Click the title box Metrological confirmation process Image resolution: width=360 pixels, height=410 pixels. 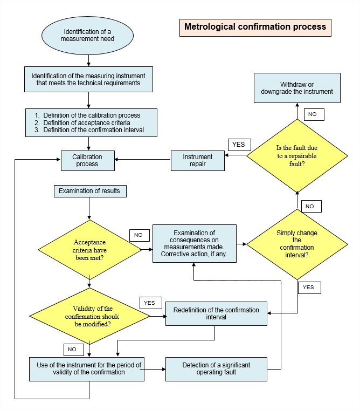(x=255, y=26)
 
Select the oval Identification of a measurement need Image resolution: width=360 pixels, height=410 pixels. (x=88, y=34)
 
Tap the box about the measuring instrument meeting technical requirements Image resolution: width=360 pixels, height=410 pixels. (x=89, y=79)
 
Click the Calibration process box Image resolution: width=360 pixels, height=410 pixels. (x=87, y=160)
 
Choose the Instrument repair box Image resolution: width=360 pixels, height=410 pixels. (x=198, y=160)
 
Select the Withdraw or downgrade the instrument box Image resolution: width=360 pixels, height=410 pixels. (x=299, y=88)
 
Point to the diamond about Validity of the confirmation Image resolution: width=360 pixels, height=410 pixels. (x=89, y=315)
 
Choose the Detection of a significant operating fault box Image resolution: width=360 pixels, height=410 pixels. (x=216, y=369)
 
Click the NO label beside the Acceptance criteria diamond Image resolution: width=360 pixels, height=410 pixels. (x=139, y=235)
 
